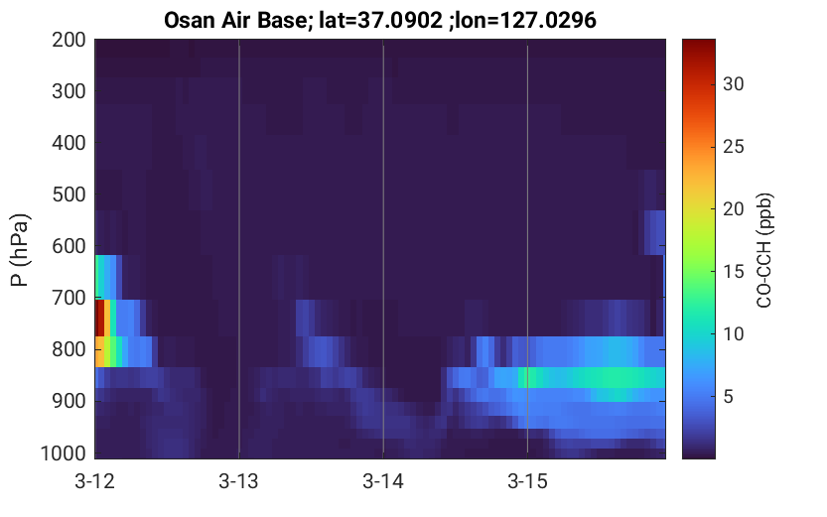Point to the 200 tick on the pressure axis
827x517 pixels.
[69, 40]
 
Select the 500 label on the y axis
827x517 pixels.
[69, 194]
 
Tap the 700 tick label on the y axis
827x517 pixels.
[69, 298]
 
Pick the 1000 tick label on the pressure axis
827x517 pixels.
[64, 453]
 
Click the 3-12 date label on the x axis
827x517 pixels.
[95, 481]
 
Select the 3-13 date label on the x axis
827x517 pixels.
[239, 481]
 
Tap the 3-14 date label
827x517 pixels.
[383, 481]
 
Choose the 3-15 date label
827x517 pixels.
[527, 481]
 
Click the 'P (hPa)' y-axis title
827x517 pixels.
[20, 250]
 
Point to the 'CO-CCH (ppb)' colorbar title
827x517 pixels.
[764, 250]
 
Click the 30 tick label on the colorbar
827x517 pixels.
[733, 83]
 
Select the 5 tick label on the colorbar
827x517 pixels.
[728, 396]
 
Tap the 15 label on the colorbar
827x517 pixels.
[733, 272]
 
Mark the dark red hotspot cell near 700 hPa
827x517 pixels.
[99, 318]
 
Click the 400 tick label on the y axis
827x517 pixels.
[69, 143]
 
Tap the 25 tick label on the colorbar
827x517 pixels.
[733, 147]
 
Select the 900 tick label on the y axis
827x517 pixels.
[69, 401]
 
